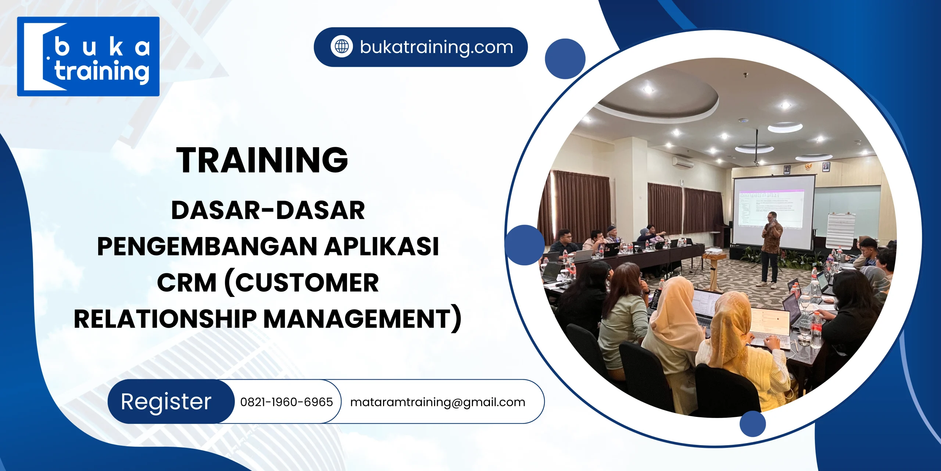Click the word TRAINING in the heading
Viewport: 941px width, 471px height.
point(262,160)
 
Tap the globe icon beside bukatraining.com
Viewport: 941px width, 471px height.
point(341,47)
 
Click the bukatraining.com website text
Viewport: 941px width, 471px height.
point(436,47)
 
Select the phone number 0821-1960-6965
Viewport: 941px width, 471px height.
point(286,402)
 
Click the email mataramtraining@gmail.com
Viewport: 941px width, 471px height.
point(437,402)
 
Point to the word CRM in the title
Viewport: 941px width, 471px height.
point(187,283)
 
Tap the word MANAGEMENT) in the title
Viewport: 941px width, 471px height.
point(362,319)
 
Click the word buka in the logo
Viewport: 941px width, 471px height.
point(102,47)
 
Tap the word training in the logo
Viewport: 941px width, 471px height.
point(102,71)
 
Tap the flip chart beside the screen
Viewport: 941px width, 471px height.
point(841,230)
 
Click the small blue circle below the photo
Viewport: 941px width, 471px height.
point(752,424)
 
